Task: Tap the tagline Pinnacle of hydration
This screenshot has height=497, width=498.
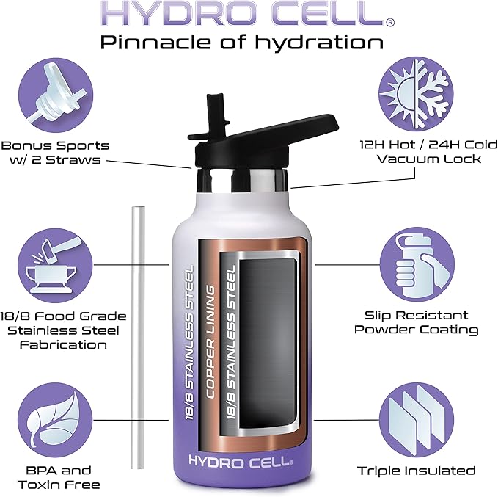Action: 242,42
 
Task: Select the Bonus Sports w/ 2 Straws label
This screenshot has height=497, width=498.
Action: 55,153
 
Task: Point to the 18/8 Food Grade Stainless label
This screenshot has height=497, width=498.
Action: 63,330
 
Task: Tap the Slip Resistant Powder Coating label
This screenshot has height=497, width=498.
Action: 416,322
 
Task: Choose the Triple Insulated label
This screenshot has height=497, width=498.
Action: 416,471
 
